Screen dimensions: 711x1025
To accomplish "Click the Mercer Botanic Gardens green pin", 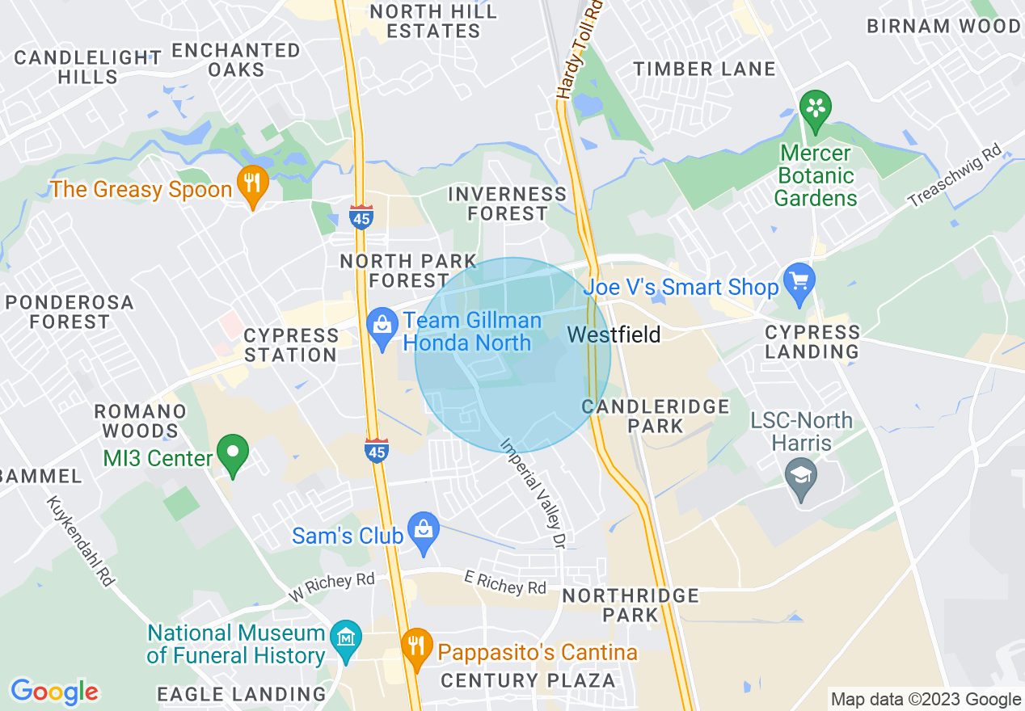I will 815,109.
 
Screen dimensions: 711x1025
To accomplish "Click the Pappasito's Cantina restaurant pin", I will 416,647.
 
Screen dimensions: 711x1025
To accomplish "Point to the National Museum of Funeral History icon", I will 346,639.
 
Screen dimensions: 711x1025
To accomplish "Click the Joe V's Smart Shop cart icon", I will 799,283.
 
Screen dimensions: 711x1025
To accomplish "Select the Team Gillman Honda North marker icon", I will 382,328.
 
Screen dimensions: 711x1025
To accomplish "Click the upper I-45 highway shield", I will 361,217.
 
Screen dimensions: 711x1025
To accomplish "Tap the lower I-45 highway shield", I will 377,451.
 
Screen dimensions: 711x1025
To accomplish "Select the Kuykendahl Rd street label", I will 80,540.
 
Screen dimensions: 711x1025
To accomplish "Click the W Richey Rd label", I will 331,587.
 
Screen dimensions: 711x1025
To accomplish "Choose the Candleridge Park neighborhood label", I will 656,415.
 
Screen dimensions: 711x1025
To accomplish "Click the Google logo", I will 54,691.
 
